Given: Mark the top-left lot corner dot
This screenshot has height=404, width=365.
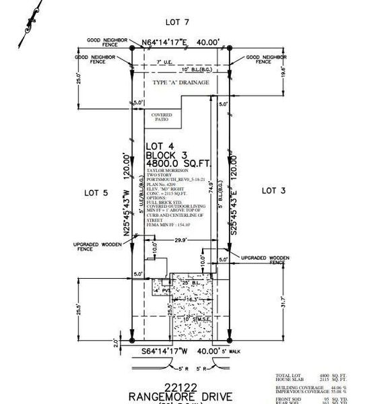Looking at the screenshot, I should tap(131, 48).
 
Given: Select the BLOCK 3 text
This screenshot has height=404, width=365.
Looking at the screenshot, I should tap(167, 155).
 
